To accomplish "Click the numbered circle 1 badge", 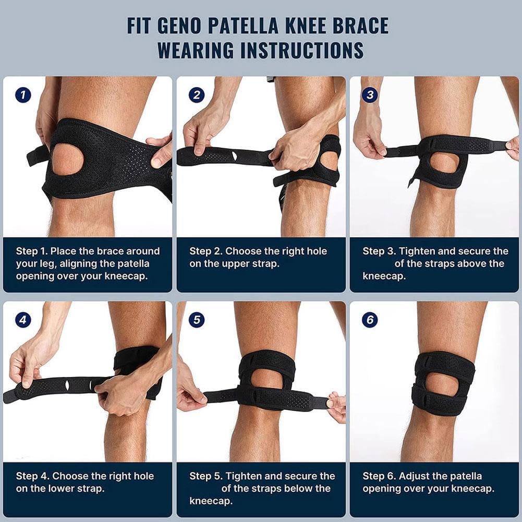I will (23, 95).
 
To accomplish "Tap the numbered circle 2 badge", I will (196, 95).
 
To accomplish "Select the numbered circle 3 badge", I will (370, 95).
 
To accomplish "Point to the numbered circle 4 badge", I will (23, 320).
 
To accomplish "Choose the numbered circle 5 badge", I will (196, 320).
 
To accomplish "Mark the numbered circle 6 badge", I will (370, 320).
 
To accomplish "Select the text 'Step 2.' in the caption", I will (205, 251).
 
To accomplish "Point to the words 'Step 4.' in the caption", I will (32, 476).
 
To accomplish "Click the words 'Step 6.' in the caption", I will (379, 476).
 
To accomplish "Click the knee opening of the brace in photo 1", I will (68, 159).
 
